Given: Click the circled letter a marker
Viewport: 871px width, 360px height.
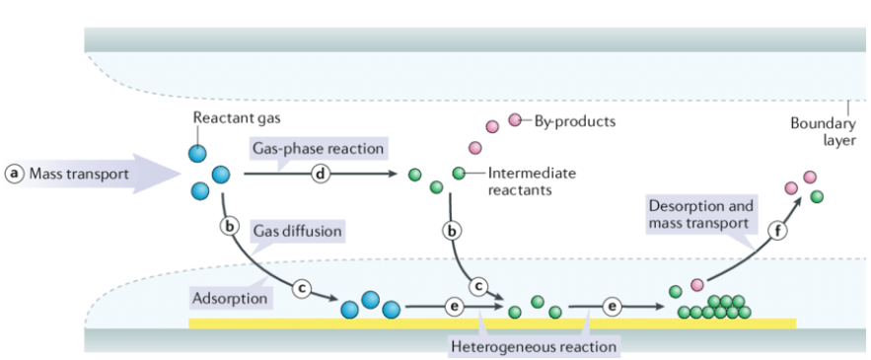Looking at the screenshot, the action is click(14, 174).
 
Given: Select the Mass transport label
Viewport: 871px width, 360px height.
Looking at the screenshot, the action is click(79, 174).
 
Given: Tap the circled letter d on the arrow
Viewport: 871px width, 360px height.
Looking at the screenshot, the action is click(321, 174).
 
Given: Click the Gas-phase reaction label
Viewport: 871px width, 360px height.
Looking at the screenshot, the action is click(319, 149).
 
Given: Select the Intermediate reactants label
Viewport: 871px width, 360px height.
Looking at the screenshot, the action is click(532, 181).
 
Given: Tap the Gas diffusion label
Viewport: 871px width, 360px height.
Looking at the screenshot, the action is click(297, 230).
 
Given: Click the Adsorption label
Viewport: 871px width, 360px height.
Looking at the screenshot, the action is click(230, 298).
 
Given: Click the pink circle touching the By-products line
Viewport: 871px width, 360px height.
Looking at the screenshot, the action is click(515, 119).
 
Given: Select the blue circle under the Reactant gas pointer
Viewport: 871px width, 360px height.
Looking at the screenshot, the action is click(196, 153).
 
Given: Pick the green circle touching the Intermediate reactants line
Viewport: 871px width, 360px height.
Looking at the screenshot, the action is click(459, 174).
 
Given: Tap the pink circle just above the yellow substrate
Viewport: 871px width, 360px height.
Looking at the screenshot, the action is click(697, 285).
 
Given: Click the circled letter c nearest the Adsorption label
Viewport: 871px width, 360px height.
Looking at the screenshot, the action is click(302, 288).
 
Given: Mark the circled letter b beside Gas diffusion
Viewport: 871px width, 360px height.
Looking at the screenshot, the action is click(228, 226).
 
